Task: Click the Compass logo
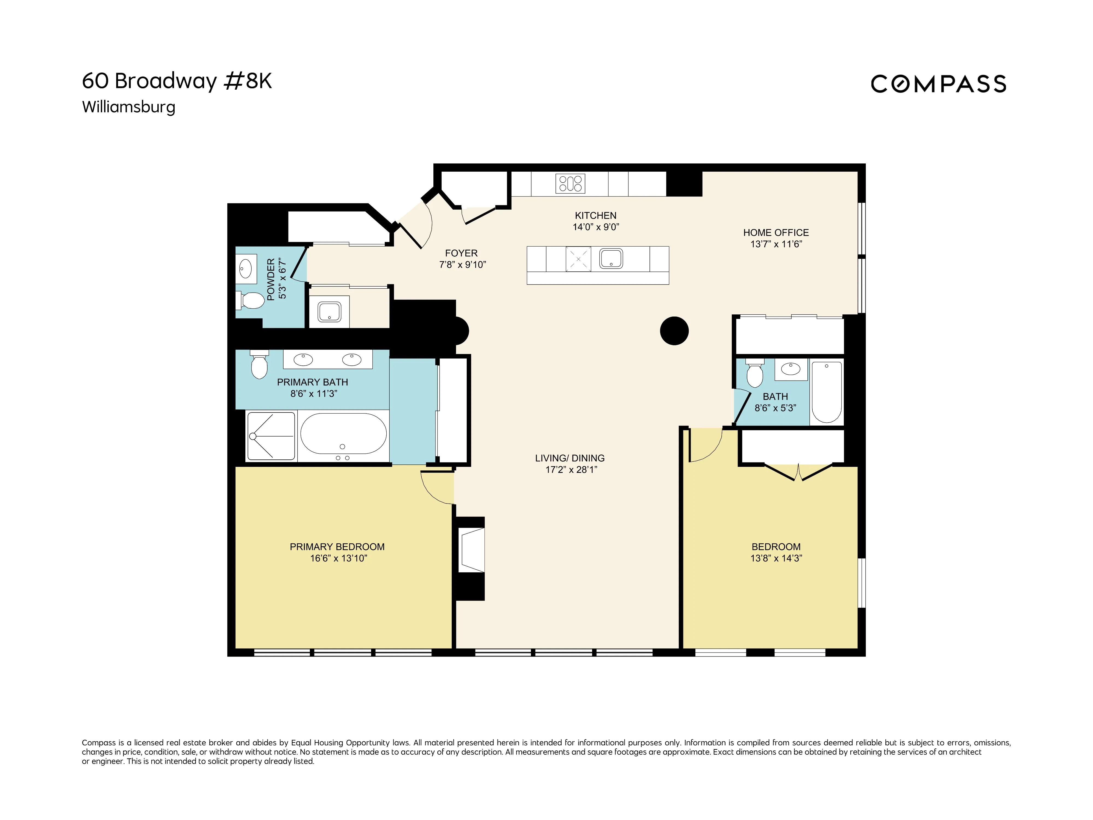pyautogui.click(x=938, y=84)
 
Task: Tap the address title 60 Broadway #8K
pyautogui.click(x=177, y=81)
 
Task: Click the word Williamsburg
pyautogui.click(x=128, y=107)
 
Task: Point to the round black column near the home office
pyautogui.click(x=674, y=331)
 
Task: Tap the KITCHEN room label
pyautogui.click(x=595, y=215)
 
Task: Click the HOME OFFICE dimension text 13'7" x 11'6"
pyautogui.click(x=776, y=244)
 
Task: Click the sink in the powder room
pyautogui.click(x=246, y=270)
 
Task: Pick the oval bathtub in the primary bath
pyautogui.click(x=343, y=434)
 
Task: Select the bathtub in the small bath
pyautogui.click(x=827, y=391)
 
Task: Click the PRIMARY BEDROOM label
pyautogui.click(x=337, y=547)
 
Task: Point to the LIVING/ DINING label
pyautogui.click(x=570, y=458)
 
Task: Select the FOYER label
pyautogui.click(x=461, y=253)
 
